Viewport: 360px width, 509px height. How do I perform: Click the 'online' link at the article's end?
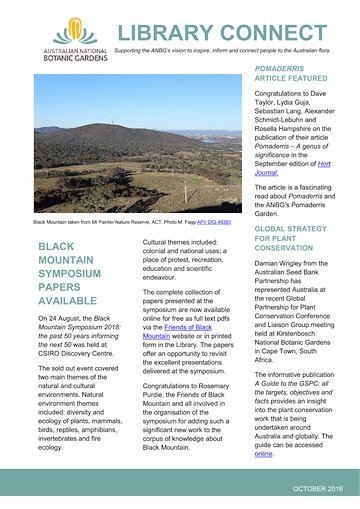coord(263,453)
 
